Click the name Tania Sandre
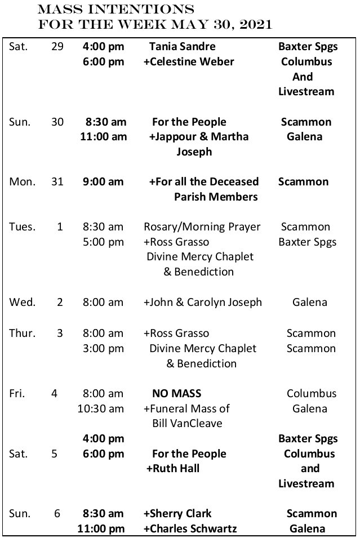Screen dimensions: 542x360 182,46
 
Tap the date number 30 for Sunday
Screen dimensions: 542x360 57,122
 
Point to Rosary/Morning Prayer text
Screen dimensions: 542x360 202,226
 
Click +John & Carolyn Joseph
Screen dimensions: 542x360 203,302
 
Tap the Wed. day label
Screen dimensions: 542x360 22,302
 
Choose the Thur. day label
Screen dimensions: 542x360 23,333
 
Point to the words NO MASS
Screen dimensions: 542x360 176,393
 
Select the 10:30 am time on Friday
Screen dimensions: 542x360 100,408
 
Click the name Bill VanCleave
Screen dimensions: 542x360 186,423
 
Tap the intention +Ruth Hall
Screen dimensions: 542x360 173,468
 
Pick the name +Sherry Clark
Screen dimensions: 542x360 177,513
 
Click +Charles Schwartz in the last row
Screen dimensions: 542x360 190,528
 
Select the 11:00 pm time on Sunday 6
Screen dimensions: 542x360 102,528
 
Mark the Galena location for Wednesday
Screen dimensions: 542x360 309,302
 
